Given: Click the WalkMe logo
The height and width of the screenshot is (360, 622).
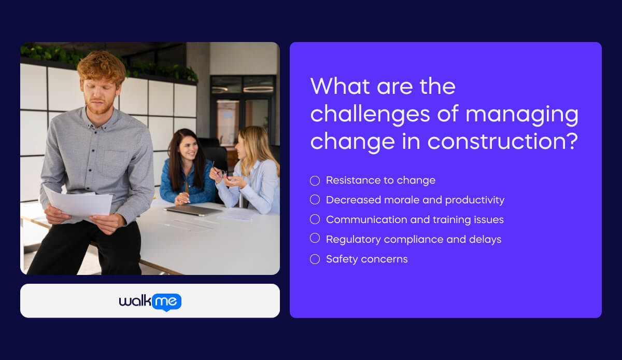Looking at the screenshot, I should (150, 301).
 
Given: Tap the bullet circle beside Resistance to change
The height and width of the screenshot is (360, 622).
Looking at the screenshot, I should (315, 181).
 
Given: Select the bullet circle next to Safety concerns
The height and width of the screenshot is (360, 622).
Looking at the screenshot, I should (315, 259).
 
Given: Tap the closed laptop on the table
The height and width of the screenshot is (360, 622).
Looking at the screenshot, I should (193, 210).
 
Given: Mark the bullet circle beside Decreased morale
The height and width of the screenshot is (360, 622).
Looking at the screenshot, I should (315, 200).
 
